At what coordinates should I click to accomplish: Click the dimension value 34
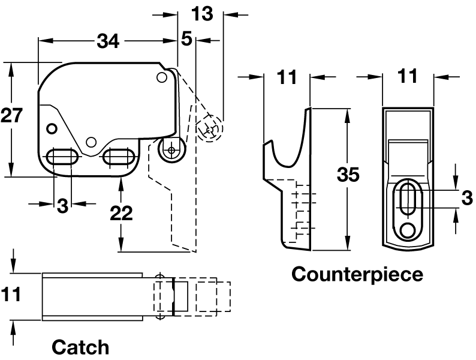109,41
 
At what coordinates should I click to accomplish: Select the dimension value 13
203,13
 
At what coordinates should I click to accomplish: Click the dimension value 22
122,213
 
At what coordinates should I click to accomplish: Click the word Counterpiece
357,274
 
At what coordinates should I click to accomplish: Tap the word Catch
81,347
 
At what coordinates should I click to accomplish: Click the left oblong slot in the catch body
62,157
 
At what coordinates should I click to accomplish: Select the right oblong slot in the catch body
119,157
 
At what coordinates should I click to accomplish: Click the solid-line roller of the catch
172,149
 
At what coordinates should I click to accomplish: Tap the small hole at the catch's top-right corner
161,77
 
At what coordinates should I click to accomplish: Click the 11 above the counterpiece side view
287,77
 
